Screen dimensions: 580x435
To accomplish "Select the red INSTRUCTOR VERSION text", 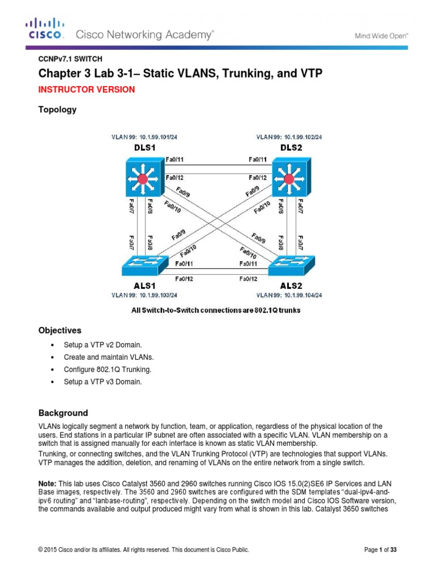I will click(86, 89).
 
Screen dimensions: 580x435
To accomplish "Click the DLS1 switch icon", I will click(142, 178).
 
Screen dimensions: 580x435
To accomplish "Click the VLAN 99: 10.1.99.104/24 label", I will click(289, 295).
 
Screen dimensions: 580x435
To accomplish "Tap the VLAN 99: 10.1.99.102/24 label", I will click(289, 137).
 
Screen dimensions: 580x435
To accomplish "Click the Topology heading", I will click(57, 110).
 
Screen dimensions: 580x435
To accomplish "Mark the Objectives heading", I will click(59, 330).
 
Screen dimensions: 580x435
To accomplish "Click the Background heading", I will click(63, 413).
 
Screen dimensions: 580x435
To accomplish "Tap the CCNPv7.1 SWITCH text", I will click(70, 58).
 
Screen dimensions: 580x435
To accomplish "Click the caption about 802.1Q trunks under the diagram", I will click(217, 310).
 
